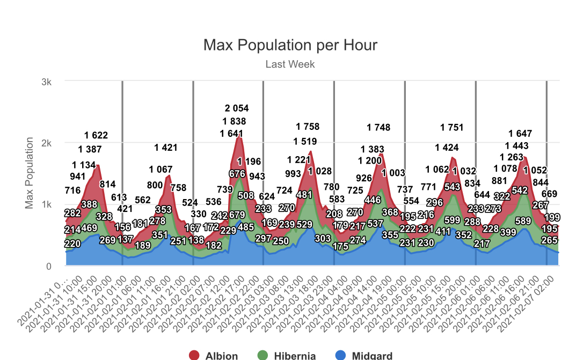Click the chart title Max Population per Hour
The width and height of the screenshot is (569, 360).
click(x=290, y=45)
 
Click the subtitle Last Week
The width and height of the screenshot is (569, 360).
click(x=290, y=64)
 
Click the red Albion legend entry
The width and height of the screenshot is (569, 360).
click(x=213, y=355)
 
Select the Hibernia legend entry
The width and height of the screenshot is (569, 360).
click(x=289, y=355)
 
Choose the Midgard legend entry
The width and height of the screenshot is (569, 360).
click(x=363, y=355)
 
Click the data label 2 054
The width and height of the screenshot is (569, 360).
click(x=237, y=108)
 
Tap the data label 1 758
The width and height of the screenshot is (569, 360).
click(x=308, y=127)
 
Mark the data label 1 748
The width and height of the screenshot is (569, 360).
click(x=378, y=127)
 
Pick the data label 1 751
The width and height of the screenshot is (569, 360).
click(x=452, y=127)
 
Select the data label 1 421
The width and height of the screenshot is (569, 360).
click(x=165, y=148)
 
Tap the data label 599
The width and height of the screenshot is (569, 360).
click(x=453, y=219)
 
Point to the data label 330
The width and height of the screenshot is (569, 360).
click(x=199, y=214)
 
